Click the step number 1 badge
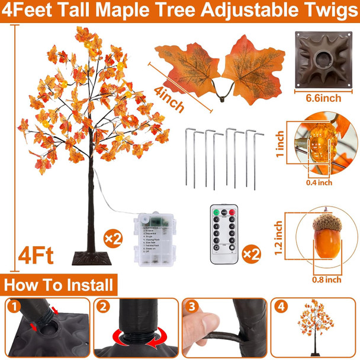point(14,307)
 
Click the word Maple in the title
point(150,11)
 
